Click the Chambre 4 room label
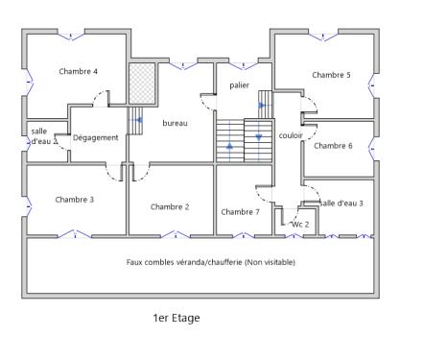coord(78,71)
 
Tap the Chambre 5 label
coord(331,75)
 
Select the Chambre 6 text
coord(333,146)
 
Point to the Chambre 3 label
coord(74,200)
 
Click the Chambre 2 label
coord(170,206)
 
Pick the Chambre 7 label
coord(240,211)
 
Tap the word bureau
coord(175,123)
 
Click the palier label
coord(239,85)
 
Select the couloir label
coord(291,136)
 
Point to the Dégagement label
coord(96,137)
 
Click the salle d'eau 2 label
coord(41,135)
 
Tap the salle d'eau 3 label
coord(341,203)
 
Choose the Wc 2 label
coord(300,224)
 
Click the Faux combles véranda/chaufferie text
coord(211,262)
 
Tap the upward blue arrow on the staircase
coord(229,145)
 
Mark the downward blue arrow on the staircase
coord(258,137)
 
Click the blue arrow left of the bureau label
coord(140,121)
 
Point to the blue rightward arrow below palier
coord(261,106)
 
